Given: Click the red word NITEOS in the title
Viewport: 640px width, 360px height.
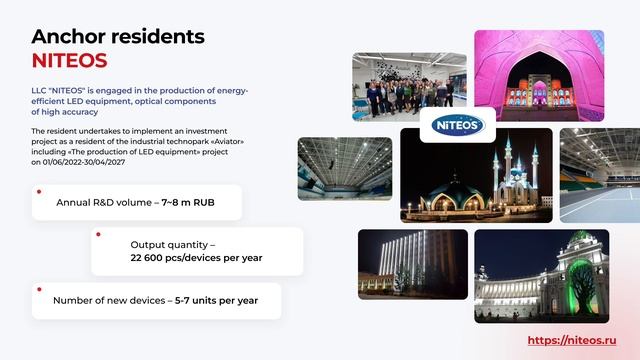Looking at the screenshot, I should [x=69, y=60].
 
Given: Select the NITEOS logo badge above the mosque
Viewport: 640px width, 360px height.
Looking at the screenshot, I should [x=458, y=126].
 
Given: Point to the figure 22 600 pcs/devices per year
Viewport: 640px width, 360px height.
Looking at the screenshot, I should [x=196, y=257].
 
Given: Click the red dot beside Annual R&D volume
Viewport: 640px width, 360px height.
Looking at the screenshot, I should [x=38, y=190].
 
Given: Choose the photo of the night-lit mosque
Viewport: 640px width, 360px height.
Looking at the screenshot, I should [x=476, y=178].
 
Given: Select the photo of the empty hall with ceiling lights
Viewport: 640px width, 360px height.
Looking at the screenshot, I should [x=344, y=168].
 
